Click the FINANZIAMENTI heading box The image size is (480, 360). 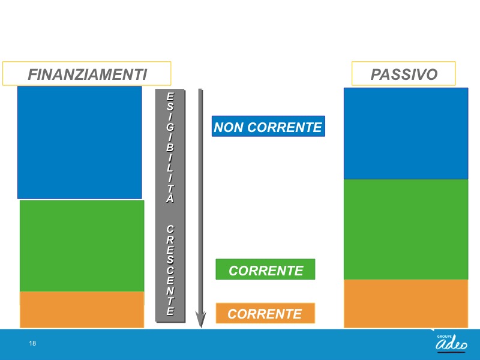86,73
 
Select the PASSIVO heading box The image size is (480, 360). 403,73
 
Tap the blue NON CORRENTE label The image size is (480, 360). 268,126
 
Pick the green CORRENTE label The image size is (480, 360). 265,269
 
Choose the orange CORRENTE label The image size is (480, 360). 265,313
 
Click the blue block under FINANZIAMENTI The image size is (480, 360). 80,142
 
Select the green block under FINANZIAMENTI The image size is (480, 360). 82,246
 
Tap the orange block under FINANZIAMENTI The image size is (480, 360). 82,310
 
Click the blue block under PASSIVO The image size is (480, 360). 406,133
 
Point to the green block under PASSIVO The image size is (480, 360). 406,229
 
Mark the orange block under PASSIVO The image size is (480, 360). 406,304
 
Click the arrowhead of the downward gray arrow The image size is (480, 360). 200,320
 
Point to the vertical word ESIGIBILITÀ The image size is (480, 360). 170,148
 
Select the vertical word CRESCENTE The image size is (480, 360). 170,271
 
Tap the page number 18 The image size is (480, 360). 32,343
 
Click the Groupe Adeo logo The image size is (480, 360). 452,343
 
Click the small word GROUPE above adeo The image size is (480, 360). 444,337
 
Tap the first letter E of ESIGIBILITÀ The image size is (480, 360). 170,97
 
